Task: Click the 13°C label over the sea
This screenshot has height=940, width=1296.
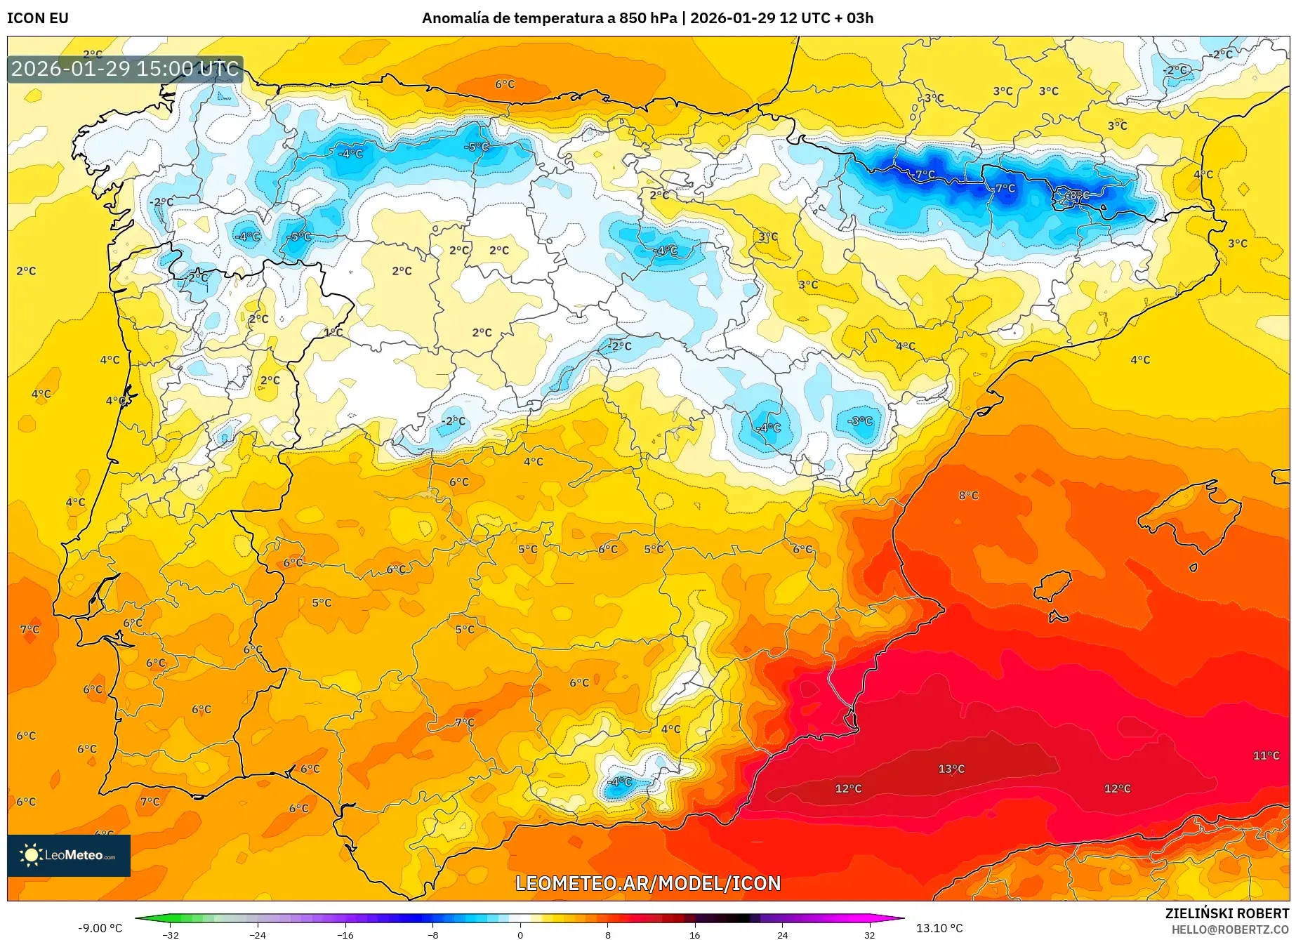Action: pos(951,769)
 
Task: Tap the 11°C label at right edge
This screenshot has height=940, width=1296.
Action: pos(1266,755)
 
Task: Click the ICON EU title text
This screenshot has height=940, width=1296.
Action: pos(38,18)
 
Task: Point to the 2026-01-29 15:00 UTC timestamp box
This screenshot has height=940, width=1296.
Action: pos(125,69)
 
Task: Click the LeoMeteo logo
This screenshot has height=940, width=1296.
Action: pos(69,855)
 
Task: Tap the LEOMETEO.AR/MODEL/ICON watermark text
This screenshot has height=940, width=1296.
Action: pos(648,883)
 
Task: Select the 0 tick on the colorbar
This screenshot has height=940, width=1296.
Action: pos(520,934)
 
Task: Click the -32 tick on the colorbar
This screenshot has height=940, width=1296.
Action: pos(171,934)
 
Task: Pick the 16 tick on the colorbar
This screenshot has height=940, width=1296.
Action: pos(694,934)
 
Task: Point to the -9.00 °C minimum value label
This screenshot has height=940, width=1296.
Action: pos(100,928)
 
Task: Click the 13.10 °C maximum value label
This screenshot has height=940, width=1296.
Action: pos(939,928)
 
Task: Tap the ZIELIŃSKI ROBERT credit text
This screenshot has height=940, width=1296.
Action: pos(1226,913)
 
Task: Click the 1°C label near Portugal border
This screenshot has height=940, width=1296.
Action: pos(333,332)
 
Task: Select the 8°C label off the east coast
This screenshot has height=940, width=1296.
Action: pos(968,495)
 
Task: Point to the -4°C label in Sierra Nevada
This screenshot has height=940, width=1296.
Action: pos(619,781)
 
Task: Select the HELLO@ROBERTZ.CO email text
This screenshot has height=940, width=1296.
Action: pos(1229,929)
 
